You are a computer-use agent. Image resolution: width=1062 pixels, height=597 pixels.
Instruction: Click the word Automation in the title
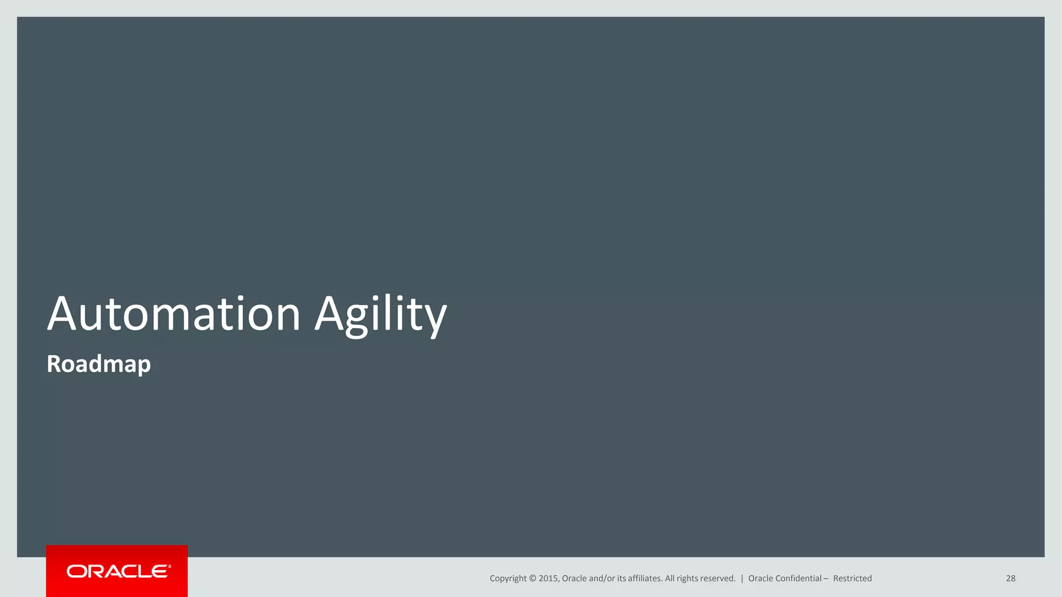(x=174, y=314)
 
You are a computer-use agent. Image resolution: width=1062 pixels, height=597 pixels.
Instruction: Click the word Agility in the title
(x=381, y=314)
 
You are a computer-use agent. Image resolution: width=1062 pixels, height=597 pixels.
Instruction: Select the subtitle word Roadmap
(x=99, y=364)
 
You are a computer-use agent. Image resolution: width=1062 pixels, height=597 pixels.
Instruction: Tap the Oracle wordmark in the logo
(x=118, y=571)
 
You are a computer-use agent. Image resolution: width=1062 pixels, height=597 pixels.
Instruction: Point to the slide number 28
(x=1010, y=578)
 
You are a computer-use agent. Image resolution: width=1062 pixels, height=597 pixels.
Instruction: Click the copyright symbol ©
(x=532, y=578)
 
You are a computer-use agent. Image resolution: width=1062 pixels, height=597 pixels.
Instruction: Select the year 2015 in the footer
(x=549, y=578)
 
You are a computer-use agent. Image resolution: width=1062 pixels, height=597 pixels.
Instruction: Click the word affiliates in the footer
(x=645, y=578)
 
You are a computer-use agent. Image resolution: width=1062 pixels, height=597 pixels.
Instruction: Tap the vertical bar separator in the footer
(x=742, y=578)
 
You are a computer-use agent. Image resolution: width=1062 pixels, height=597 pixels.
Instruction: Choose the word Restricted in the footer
(x=852, y=578)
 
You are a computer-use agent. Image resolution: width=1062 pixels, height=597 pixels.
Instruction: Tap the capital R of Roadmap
(x=54, y=364)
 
